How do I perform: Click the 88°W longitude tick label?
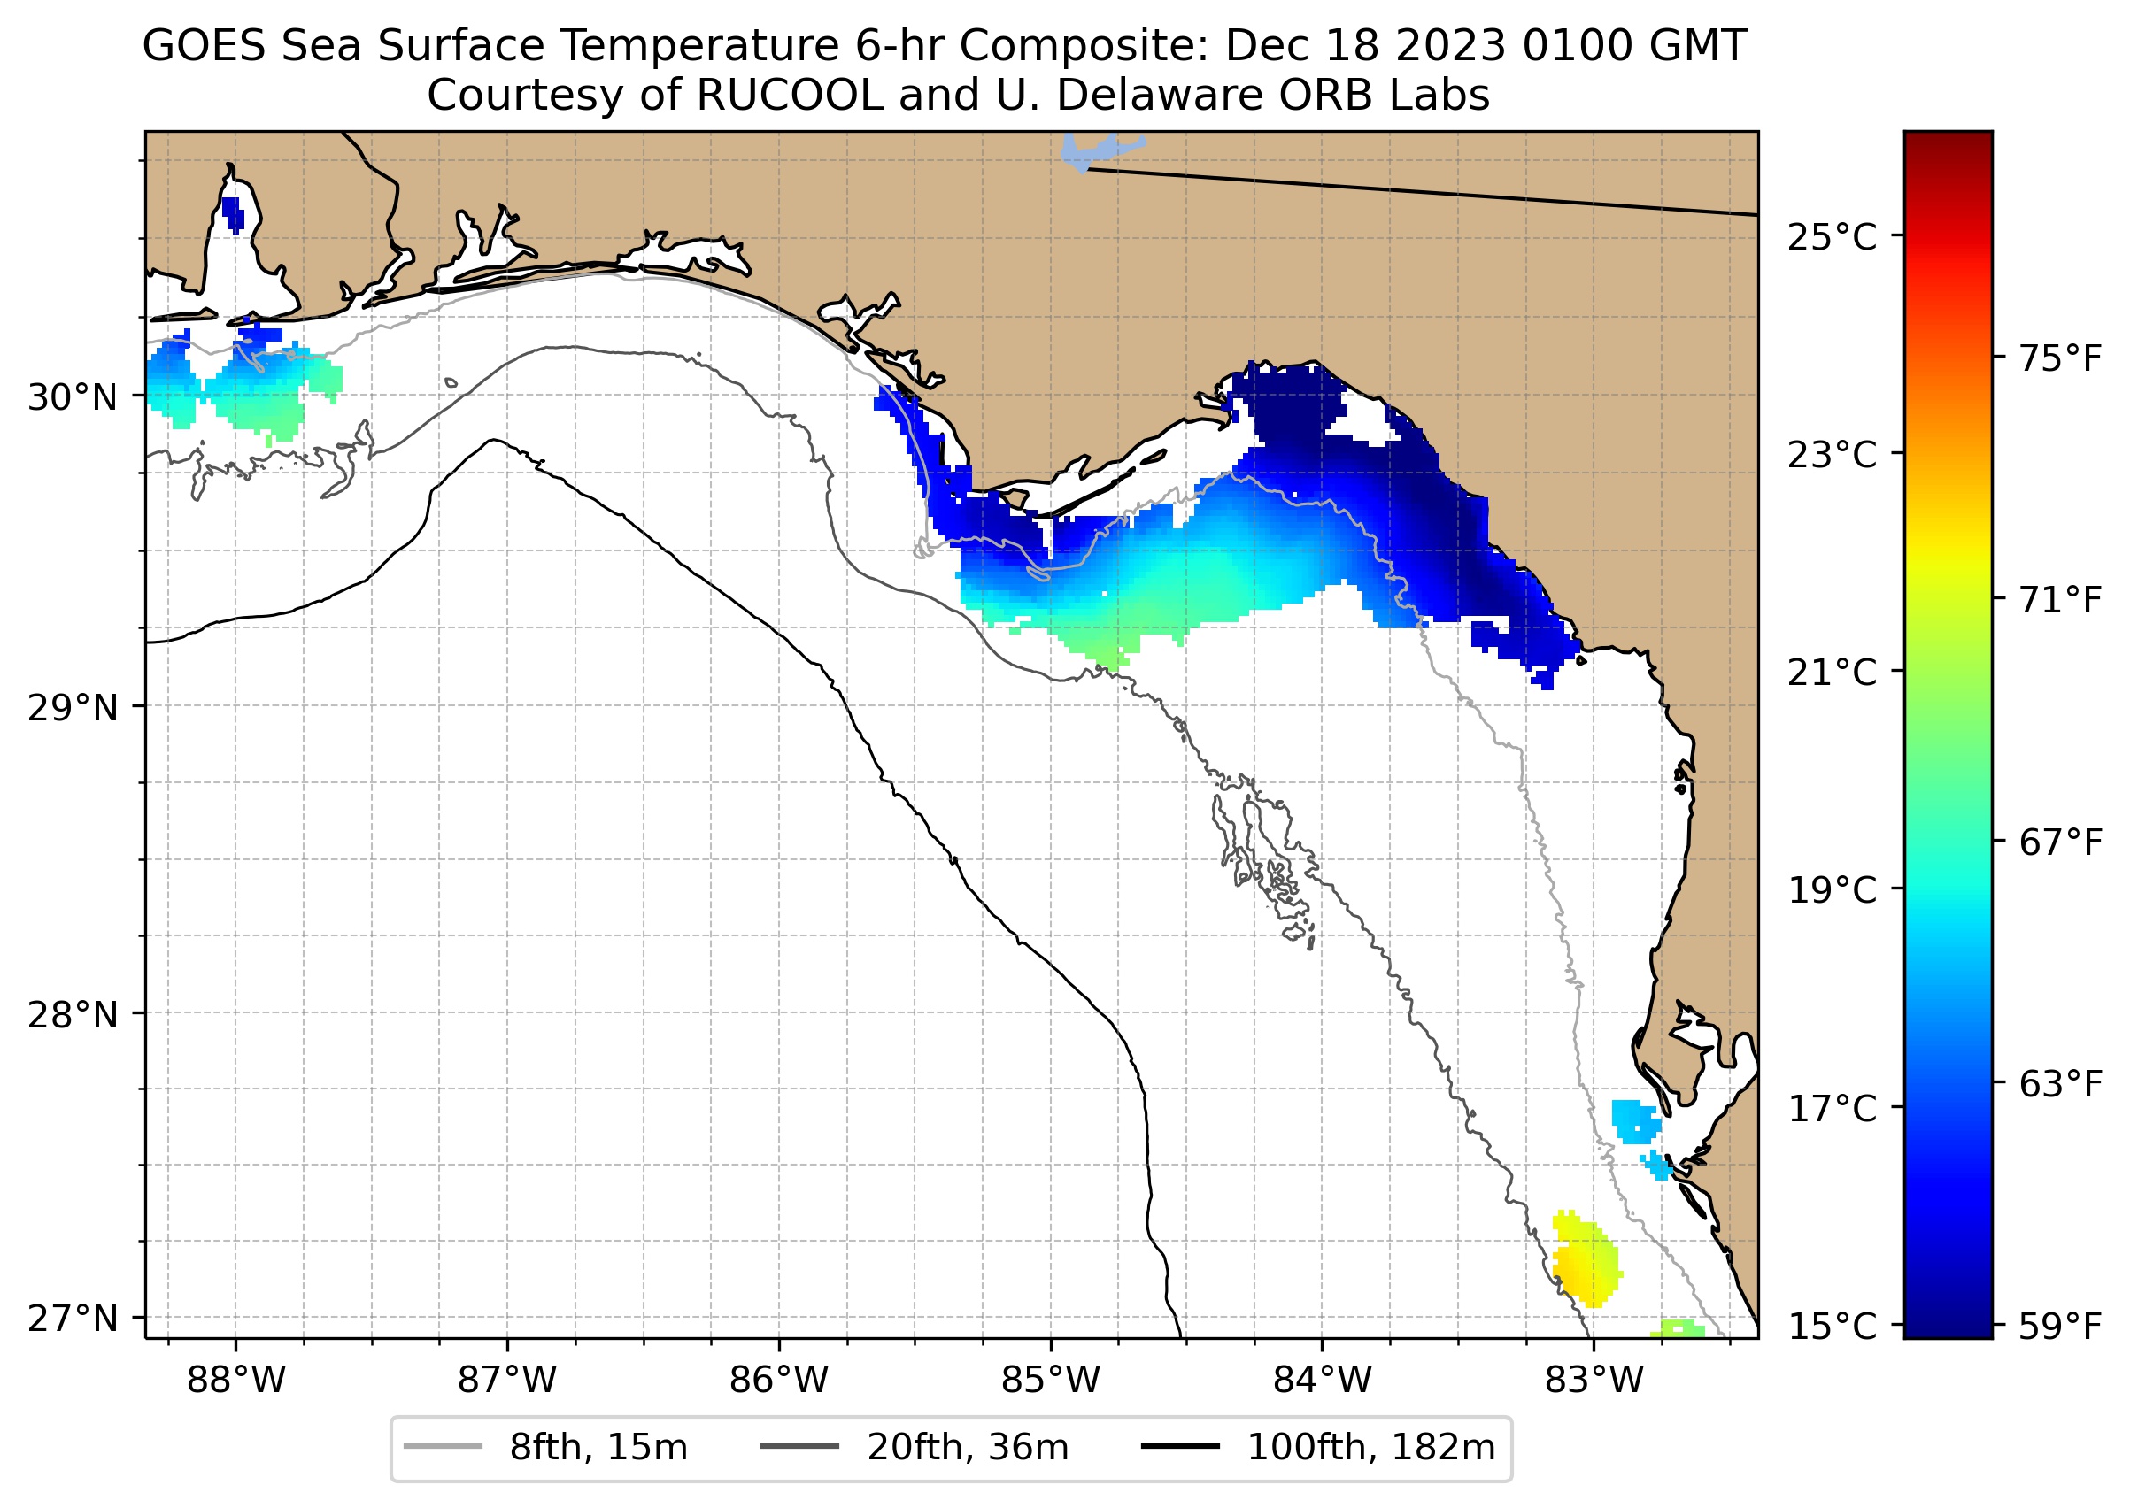pyautogui.click(x=236, y=1381)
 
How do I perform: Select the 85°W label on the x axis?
pyautogui.click(x=1051, y=1381)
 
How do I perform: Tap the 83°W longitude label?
pyautogui.click(x=1594, y=1381)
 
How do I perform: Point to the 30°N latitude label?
pyautogui.click(x=73, y=397)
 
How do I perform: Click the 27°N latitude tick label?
pyautogui.click(x=73, y=1319)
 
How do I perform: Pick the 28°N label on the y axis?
pyautogui.click(x=73, y=1015)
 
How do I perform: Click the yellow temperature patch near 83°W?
pyautogui.click(x=1586, y=1263)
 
